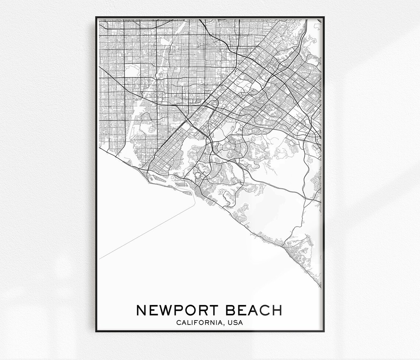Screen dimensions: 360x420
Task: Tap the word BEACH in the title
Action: click(x=254, y=310)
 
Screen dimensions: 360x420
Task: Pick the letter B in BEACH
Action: click(x=231, y=310)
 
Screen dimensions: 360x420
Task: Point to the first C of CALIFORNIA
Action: click(x=178, y=323)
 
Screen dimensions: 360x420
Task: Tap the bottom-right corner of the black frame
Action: click(x=323, y=331)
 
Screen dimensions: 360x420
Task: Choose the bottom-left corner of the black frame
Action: click(x=97, y=331)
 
